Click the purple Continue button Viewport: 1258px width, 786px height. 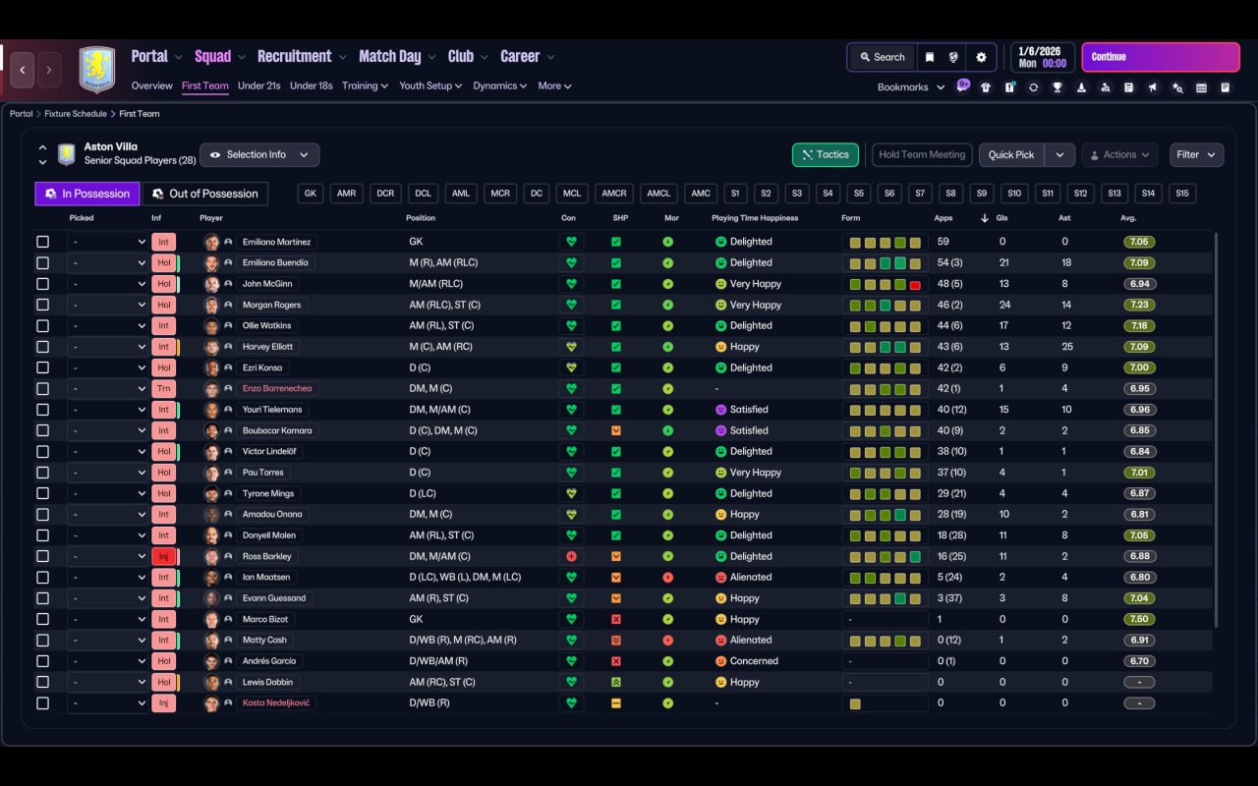[x=1161, y=57]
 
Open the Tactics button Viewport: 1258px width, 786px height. [x=825, y=155]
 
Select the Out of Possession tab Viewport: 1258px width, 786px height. [x=205, y=194]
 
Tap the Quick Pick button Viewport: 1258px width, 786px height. [x=1011, y=155]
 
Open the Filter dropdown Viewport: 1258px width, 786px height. [x=1196, y=155]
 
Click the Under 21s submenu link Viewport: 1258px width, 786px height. [x=258, y=85]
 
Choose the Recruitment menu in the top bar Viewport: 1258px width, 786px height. [x=295, y=57]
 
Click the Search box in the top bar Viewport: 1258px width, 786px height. [x=883, y=57]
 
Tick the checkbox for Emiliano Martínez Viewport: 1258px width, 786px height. [x=42, y=242]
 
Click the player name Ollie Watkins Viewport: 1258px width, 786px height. [x=266, y=325]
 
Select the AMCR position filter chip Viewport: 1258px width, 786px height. [x=614, y=194]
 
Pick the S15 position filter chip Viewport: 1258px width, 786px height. [x=1182, y=194]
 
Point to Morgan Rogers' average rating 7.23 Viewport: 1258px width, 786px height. [x=1139, y=305]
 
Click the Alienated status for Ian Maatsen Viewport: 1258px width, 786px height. [x=750, y=577]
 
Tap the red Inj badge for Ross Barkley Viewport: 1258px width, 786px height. [x=163, y=556]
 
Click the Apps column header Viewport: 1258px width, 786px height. [x=943, y=218]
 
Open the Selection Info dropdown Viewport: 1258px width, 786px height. [x=259, y=155]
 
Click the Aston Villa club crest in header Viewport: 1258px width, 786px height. [x=97, y=70]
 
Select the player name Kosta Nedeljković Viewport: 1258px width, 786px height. [x=276, y=702]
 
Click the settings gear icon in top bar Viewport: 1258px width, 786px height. [x=981, y=57]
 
